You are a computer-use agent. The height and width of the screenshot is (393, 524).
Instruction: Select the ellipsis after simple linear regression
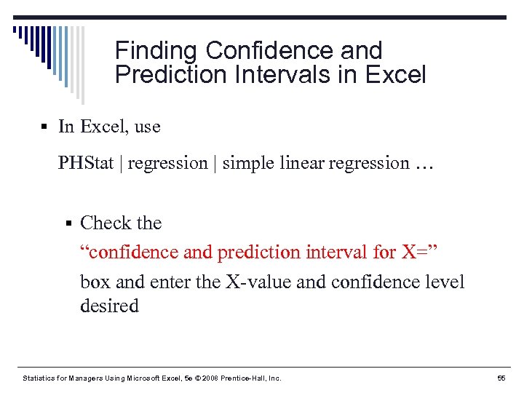point(424,164)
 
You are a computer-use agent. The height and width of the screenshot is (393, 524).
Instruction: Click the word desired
point(109,306)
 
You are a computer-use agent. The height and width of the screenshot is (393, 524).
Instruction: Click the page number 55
point(501,378)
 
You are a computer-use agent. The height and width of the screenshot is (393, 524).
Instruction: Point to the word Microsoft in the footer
point(140,378)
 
